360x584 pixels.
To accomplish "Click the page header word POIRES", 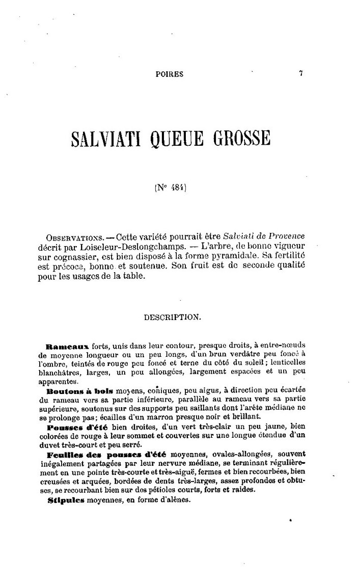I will pos(169,74).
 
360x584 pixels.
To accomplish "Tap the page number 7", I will pos(301,73).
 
